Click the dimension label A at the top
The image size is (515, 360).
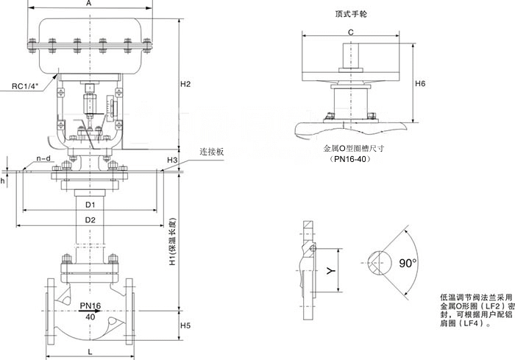[89, 4]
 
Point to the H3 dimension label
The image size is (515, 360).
[172, 160]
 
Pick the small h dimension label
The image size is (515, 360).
[3, 179]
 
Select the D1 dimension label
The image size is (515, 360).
[89, 203]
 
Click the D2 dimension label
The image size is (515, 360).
[89, 220]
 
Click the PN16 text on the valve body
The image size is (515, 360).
[90, 305]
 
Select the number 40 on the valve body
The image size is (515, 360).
[90, 316]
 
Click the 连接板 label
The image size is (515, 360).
[210, 152]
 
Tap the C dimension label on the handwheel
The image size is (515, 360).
[351, 32]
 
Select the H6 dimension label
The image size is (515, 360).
[420, 83]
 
